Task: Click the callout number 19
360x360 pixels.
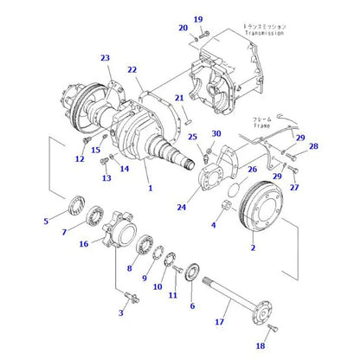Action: click(197, 19)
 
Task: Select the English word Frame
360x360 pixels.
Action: click(264, 125)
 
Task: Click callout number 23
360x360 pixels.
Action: click(106, 58)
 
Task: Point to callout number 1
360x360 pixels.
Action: click(149, 188)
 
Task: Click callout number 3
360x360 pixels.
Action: click(120, 312)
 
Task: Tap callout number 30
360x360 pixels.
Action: click(216, 133)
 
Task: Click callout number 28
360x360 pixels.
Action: click(313, 146)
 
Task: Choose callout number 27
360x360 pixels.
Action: click(294, 188)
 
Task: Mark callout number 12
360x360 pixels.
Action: click(80, 158)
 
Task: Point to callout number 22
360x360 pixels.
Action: click(132, 69)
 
